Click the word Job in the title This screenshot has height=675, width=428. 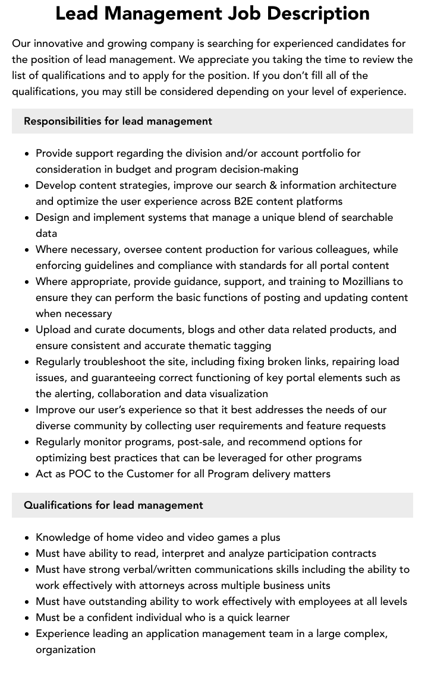[x=243, y=13]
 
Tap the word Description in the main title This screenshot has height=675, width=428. [x=319, y=13]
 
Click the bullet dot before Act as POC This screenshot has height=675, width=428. [x=27, y=474]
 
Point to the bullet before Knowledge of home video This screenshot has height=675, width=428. [x=27, y=538]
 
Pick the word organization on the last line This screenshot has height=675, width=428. [x=65, y=649]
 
